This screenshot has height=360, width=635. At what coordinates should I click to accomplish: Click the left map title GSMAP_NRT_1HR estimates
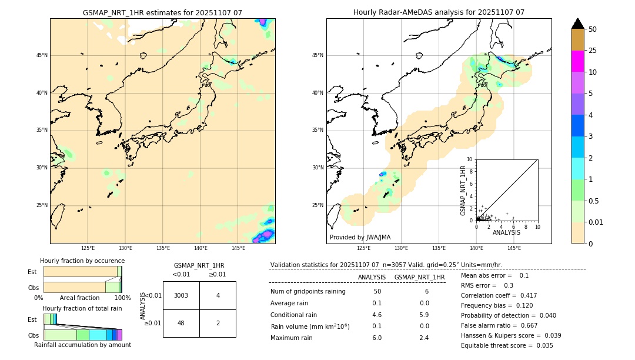click(162, 12)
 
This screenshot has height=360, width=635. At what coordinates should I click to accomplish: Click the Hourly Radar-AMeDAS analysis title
click(439, 12)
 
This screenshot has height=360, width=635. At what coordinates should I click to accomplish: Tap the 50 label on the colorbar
click(593, 29)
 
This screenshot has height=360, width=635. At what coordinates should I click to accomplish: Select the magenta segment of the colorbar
click(577, 61)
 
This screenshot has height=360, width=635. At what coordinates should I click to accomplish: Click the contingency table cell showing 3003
click(181, 295)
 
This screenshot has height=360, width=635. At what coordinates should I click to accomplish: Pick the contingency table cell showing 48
click(181, 324)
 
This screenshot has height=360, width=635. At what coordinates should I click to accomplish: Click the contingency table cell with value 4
click(218, 295)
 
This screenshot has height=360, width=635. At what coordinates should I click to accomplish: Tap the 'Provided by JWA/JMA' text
click(360, 237)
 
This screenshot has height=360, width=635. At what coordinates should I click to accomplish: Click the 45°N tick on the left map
click(42, 55)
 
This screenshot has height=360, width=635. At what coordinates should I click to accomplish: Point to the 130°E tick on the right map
click(401, 248)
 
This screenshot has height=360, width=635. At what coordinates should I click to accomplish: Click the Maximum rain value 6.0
click(376, 338)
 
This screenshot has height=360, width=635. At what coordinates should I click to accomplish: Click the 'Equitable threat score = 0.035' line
click(507, 345)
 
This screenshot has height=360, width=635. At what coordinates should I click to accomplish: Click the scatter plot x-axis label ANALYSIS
click(506, 232)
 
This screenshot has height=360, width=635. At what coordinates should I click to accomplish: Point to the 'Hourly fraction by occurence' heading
click(82, 261)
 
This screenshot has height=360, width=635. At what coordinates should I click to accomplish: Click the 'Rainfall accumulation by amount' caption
click(82, 345)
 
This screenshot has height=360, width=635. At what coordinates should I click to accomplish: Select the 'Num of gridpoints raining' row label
click(308, 292)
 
